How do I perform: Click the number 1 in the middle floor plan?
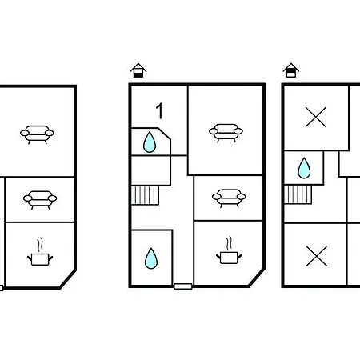click(159, 111)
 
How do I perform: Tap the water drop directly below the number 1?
click(150, 142)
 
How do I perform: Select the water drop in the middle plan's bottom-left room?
click(151, 258)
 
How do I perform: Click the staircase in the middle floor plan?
click(146, 195)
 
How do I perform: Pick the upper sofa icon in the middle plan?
click(226, 133)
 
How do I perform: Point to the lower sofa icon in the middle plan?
click(229, 198)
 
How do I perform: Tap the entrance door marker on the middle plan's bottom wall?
click(183, 286)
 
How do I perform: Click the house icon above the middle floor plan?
click(138, 70)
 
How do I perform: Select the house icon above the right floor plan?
click(291, 70)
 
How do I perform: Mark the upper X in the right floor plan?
click(316, 117)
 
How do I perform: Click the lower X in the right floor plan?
click(317, 256)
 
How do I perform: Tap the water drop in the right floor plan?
click(304, 168)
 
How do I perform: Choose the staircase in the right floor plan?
click(298, 194)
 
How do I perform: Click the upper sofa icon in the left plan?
click(37, 134)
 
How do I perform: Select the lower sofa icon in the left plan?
click(40, 200)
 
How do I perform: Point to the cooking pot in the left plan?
click(40, 259)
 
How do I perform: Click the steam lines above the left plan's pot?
click(40, 245)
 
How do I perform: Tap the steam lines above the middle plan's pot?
click(229, 243)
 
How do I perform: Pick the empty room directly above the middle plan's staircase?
click(151, 170)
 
